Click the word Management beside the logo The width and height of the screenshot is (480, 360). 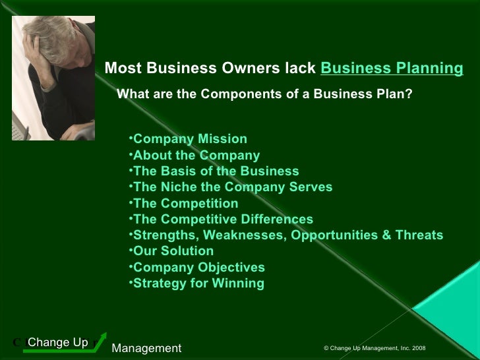click(x=146, y=347)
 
